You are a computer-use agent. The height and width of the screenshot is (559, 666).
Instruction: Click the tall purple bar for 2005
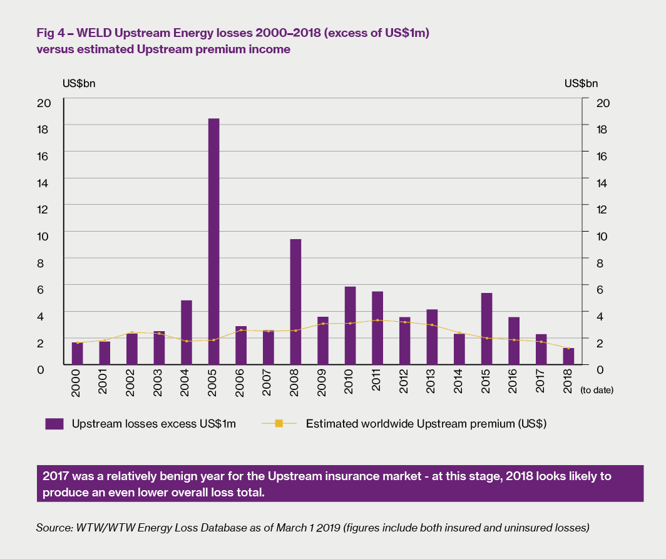click(213, 241)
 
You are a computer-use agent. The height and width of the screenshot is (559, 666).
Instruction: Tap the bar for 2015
click(486, 329)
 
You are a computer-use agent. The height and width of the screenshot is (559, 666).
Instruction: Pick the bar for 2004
click(186, 332)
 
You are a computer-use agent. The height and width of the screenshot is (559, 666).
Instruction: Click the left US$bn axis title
click(79, 83)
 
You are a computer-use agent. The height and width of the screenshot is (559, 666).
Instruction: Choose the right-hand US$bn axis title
click(581, 83)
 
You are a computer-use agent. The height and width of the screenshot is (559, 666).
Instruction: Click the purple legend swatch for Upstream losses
click(54, 424)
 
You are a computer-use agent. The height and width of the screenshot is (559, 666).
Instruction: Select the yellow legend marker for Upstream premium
click(279, 424)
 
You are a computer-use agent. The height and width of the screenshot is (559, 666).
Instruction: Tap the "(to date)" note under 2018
click(597, 390)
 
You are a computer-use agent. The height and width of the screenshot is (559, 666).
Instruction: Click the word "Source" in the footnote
click(52, 528)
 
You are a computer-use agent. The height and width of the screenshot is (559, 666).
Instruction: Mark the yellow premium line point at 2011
click(377, 320)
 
